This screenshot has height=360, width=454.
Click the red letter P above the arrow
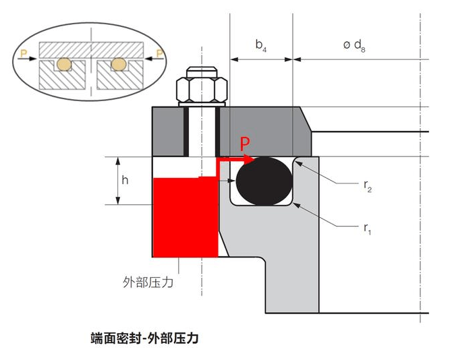[x=246, y=143]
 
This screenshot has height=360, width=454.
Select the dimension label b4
[x=261, y=45]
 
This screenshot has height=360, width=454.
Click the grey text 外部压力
[x=150, y=282]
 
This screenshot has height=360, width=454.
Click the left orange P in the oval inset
[x=24, y=53]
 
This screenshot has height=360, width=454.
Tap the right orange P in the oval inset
[x=159, y=53]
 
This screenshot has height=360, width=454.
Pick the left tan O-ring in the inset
[x=63, y=64]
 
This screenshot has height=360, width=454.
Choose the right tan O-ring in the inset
[x=119, y=64]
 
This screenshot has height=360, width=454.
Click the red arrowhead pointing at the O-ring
[x=250, y=160]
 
